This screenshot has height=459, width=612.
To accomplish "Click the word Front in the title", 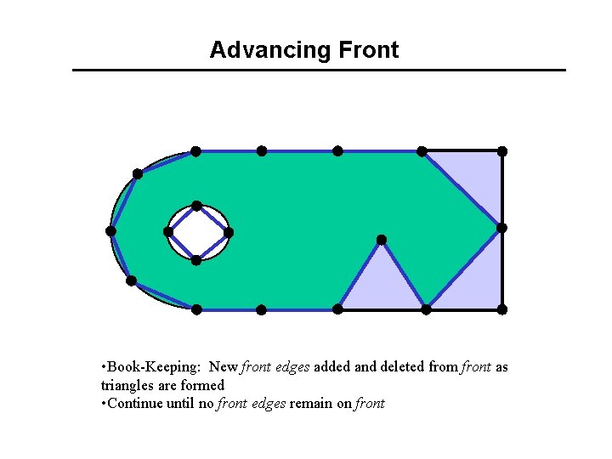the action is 368,50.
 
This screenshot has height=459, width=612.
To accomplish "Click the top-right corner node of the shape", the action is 502,151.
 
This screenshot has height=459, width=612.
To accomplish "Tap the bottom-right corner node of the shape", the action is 502,309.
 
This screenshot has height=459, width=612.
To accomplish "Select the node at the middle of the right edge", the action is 501,228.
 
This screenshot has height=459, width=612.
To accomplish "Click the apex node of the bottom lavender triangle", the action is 382,240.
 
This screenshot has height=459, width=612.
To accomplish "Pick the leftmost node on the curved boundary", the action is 110,231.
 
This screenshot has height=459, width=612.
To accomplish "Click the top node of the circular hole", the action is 196,206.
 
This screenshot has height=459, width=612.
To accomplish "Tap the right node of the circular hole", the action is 228,232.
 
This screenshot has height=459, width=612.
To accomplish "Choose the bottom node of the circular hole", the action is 196,260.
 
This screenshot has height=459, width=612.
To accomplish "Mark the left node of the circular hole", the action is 167,232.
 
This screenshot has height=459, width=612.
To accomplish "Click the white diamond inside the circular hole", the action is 197,233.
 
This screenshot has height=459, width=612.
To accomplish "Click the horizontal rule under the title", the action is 319,70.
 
